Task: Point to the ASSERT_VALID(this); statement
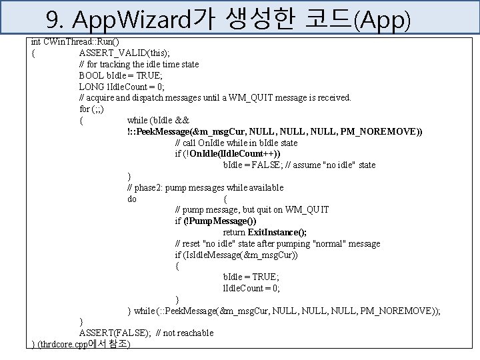[x=124, y=53]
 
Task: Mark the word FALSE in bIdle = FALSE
[x=271, y=165]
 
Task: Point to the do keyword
[x=132, y=199]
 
